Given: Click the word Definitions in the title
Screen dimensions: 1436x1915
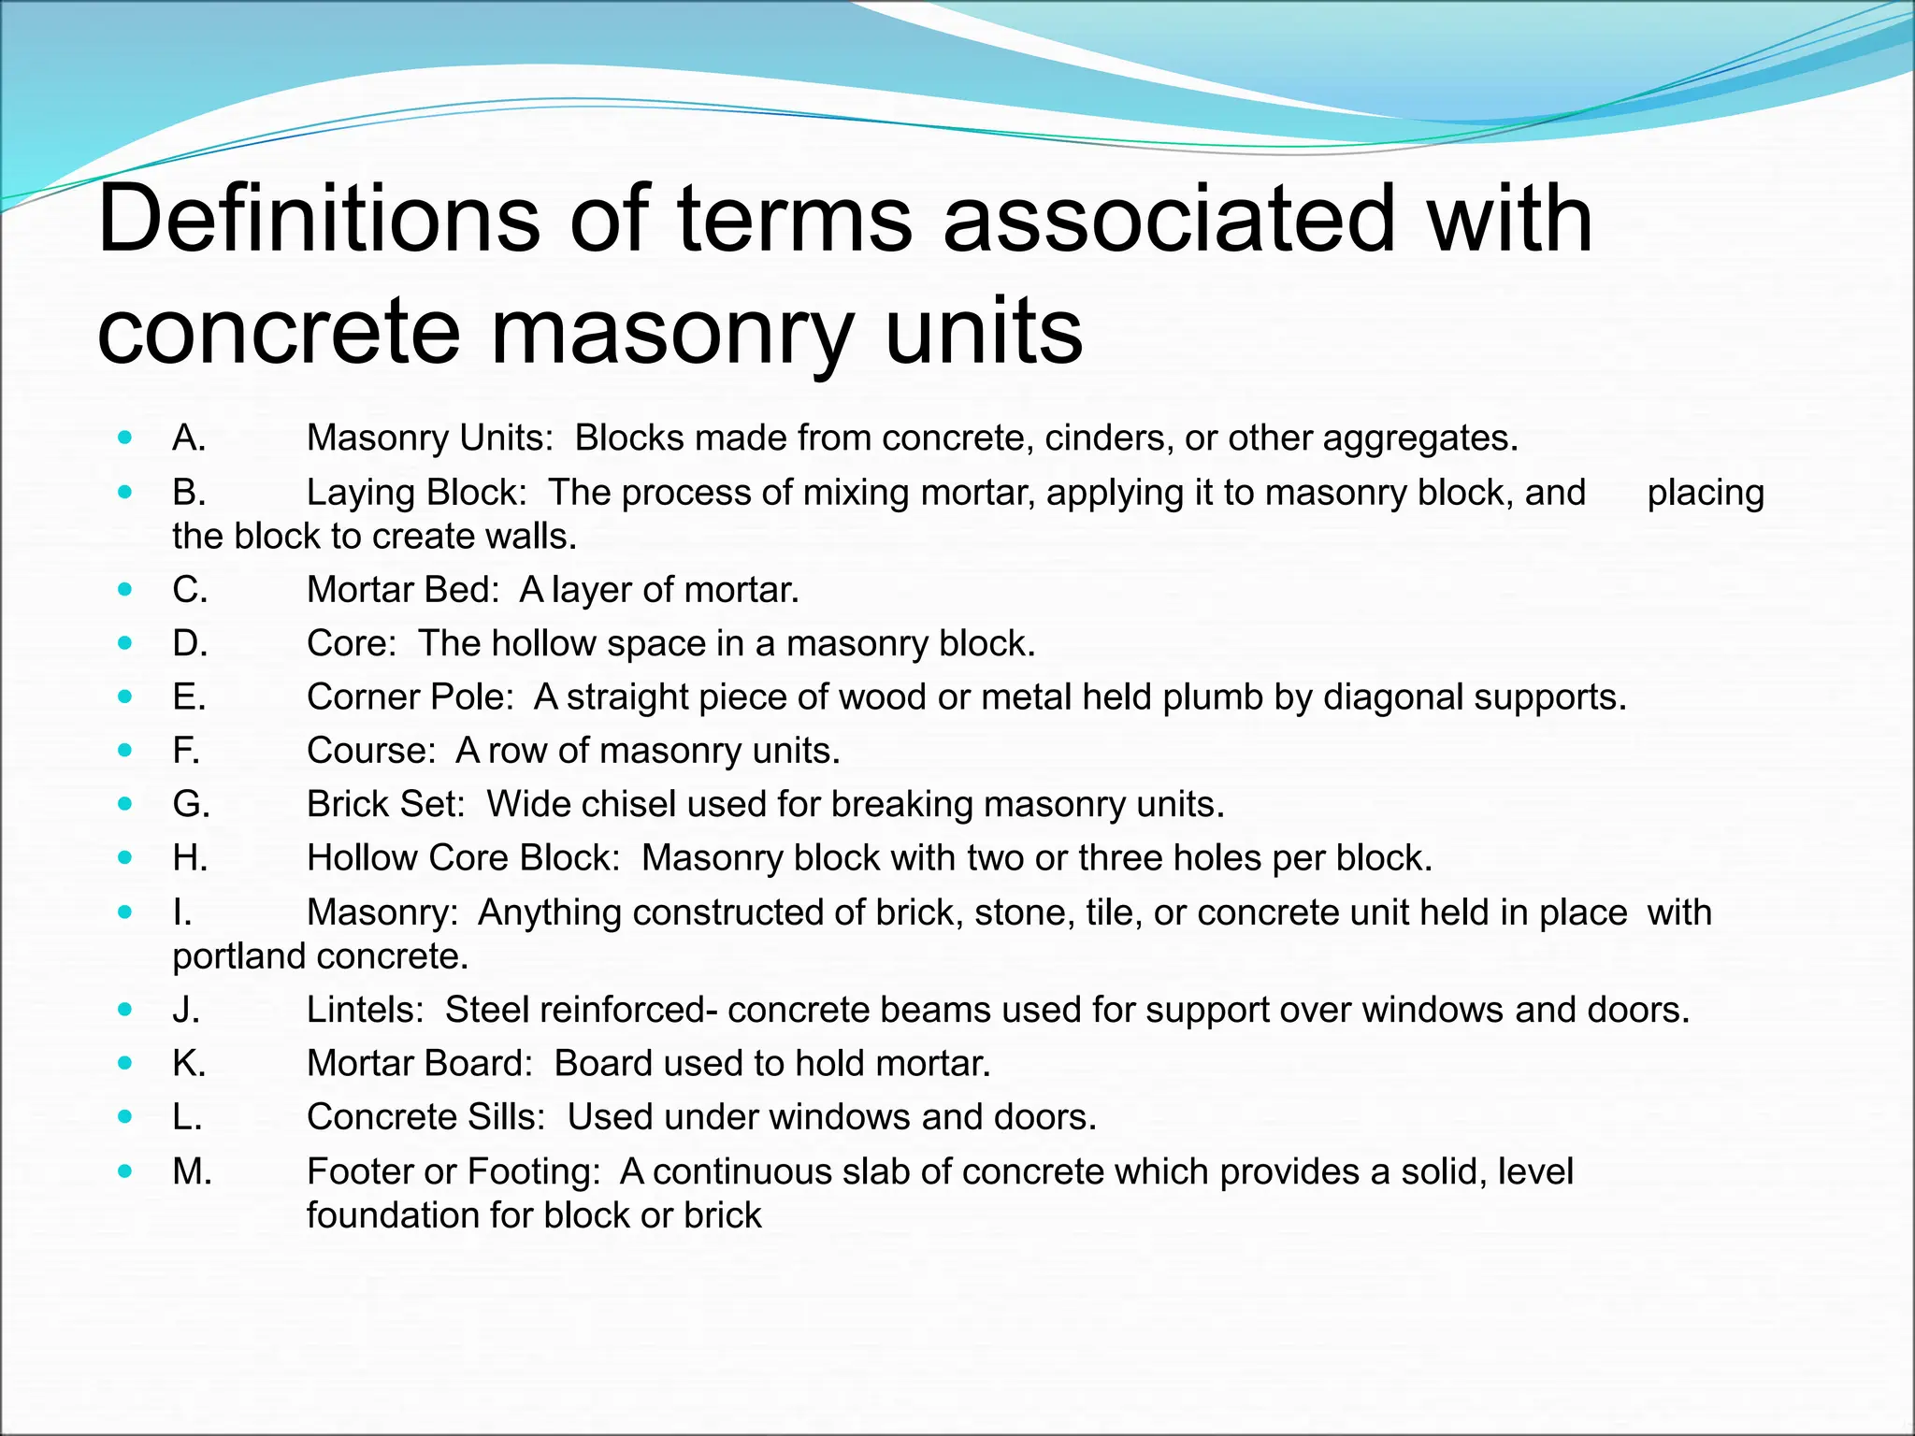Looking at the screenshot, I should (318, 221).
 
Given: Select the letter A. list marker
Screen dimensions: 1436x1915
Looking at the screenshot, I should (189, 438).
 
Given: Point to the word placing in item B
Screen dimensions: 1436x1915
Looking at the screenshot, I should (1705, 493).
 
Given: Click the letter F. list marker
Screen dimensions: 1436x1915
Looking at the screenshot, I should (186, 751).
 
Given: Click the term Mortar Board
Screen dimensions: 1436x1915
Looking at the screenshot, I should (420, 1063).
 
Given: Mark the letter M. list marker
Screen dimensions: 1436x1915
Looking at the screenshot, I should (193, 1171).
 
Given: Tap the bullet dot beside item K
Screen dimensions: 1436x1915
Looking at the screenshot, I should (125, 1063).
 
